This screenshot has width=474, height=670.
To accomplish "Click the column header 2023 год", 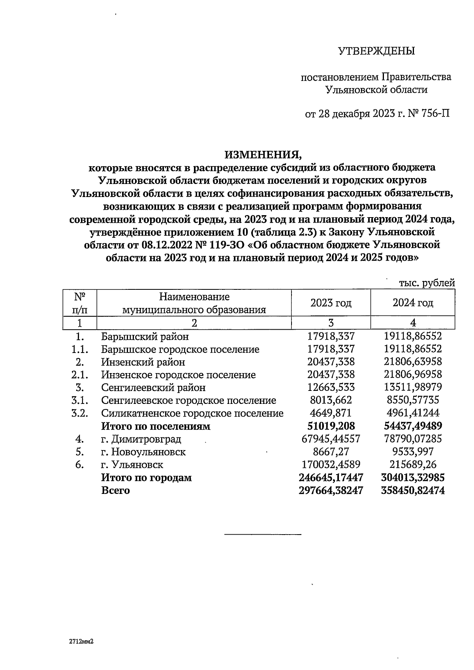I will [x=331, y=303].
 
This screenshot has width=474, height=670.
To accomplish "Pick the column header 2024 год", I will [x=413, y=303].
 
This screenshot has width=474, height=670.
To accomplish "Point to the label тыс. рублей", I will [x=427, y=283].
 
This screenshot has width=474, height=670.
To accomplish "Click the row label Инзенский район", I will [x=143, y=362].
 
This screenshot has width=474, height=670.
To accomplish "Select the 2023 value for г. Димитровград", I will [x=331, y=439].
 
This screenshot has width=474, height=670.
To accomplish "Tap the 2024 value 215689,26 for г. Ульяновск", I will [x=413, y=464].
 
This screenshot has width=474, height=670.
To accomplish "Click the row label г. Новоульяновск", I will [x=143, y=452].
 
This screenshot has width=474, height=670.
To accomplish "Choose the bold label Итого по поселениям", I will [x=156, y=426].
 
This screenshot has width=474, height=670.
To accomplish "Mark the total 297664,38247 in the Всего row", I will [x=331, y=490].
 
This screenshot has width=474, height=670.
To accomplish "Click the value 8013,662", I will [x=331, y=400].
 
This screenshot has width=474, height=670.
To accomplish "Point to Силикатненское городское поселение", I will [x=192, y=413].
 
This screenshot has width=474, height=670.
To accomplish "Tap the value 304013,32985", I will [x=413, y=477].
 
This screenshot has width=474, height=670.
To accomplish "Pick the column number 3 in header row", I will [x=331, y=323].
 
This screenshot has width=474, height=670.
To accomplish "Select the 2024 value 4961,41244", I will [x=413, y=413].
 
